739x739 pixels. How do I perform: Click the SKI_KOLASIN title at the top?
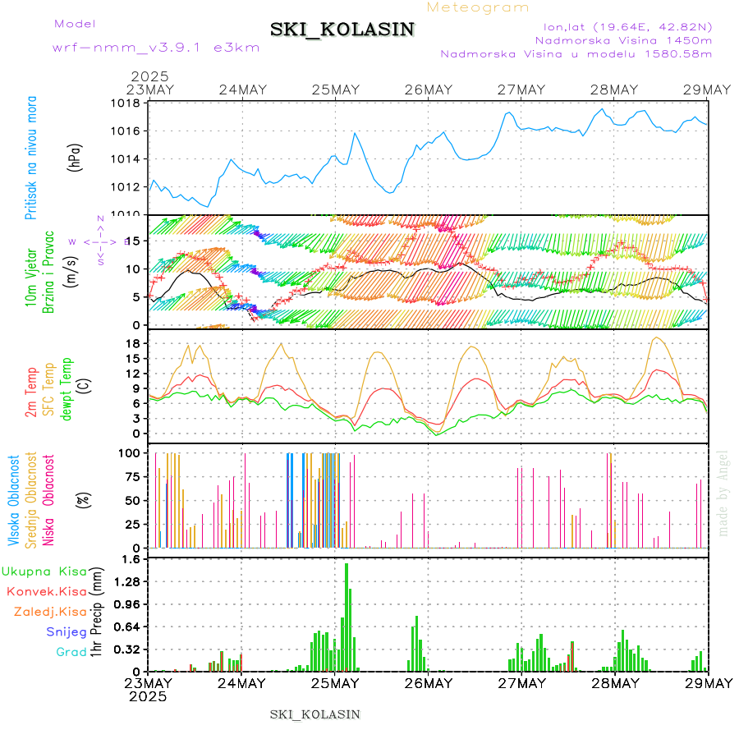pyautogui.click(x=342, y=30)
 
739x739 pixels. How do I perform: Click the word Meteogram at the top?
pyautogui.click(x=478, y=7)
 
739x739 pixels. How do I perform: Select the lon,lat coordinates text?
pyautogui.click(x=622, y=25)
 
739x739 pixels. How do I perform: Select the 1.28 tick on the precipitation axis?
pyautogui.click(x=127, y=581)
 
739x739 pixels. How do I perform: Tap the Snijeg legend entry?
pyautogui.click(x=66, y=631)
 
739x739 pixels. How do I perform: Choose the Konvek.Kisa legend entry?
pyautogui.click(x=46, y=591)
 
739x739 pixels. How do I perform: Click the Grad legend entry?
pyautogui.click(x=71, y=652)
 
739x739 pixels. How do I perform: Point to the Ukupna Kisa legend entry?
pyautogui.click(x=44, y=571)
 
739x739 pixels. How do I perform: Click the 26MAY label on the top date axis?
pyautogui.click(x=429, y=90)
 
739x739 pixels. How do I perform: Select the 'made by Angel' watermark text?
pyautogui.click(x=723, y=493)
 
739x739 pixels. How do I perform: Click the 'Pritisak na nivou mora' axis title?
pyautogui.click(x=31, y=162)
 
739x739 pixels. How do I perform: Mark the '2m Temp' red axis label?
pyautogui.click(x=31, y=392)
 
